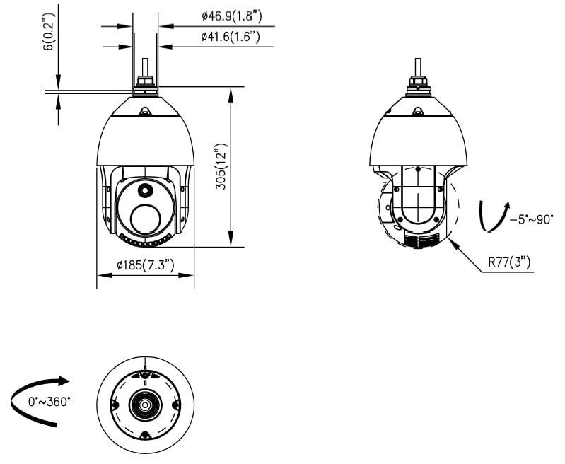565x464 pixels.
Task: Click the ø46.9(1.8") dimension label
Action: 232,16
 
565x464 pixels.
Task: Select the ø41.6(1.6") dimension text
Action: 231,37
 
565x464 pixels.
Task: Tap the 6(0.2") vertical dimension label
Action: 49,32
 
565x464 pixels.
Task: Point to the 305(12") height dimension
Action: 221,166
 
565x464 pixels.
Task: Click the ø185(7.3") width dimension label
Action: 146,265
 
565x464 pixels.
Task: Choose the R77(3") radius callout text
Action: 510,262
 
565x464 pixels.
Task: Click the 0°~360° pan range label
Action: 49,401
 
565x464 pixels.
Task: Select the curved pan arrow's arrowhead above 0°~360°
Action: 64,381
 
